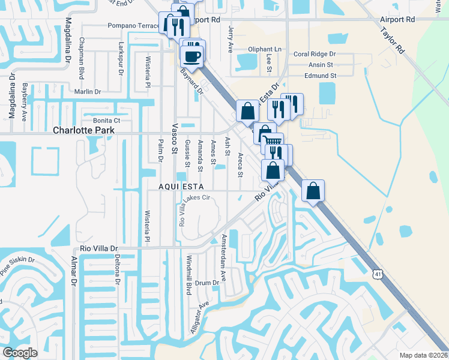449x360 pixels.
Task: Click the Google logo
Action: pyautogui.click(x=20, y=352)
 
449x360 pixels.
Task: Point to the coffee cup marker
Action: pyautogui.click(x=193, y=57)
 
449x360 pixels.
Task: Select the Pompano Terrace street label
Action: pyautogui.click(x=133, y=26)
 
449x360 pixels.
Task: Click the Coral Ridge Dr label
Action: pyautogui.click(x=314, y=54)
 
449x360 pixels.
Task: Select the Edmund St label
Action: pyautogui.click(x=321, y=76)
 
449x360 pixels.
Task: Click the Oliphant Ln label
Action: pyautogui.click(x=264, y=49)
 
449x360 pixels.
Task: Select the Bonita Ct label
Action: pyautogui.click(x=107, y=121)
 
